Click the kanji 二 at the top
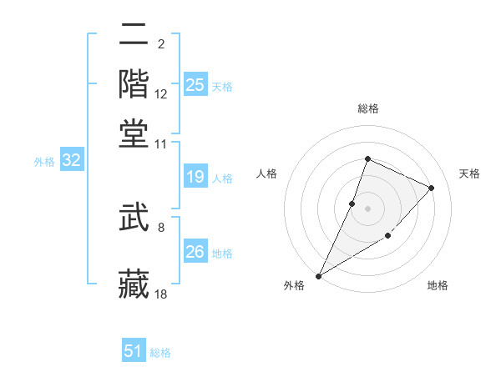[x=134, y=35]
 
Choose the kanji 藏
[x=134, y=283]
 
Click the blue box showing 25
[x=195, y=85]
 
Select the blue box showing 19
[x=195, y=177]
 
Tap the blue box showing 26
[x=195, y=252]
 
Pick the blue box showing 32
[x=71, y=161]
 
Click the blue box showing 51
[x=134, y=351]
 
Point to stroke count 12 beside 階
[x=161, y=95]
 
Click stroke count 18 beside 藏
[x=161, y=294]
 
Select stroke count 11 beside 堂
[x=161, y=143]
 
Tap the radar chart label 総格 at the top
[x=367, y=108]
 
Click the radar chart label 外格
[x=294, y=286]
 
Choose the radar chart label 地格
[x=438, y=286]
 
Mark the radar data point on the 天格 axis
[x=432, y=188]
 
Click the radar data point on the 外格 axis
[x=318, y=276]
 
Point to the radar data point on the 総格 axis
[x=367, y=159]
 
